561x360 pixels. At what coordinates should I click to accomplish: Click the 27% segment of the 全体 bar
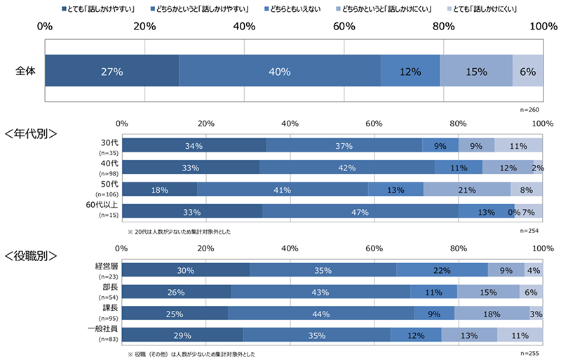coord(111,72)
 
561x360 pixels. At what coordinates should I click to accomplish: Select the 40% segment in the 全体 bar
coord(279,72)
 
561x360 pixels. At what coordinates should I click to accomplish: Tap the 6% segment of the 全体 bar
coord(527,72)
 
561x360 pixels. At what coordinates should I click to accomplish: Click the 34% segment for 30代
coord(194,146)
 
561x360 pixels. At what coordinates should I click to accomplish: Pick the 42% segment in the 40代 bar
coord(346,168)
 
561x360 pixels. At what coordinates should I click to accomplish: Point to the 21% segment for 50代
coord(467,189)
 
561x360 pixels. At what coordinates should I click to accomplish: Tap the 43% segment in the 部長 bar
coord(320,292)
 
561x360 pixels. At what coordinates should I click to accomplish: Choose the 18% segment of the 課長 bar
coord(492,314)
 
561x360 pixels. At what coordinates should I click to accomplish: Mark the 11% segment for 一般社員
coord(520,335)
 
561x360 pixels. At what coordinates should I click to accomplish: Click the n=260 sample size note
coord(529,110)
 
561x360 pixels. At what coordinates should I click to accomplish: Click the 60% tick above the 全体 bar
coord(344,26)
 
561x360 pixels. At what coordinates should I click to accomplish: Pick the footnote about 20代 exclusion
coord(179,231)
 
